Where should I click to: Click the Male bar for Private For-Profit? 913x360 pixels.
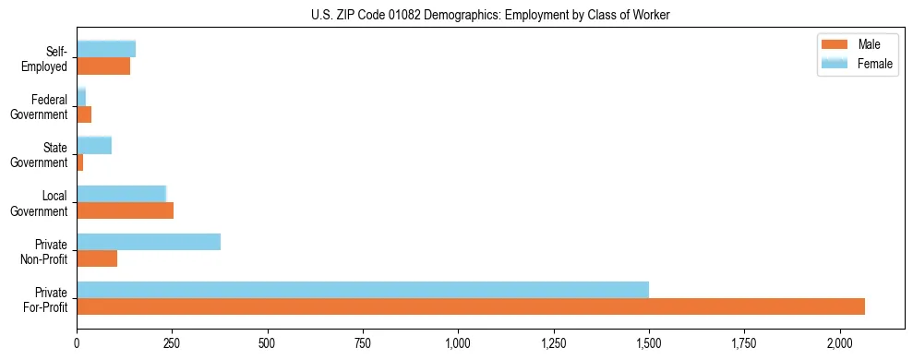(471, 306)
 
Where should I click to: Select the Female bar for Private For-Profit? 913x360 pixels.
(363, 290)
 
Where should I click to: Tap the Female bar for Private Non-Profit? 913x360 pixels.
(149, 242)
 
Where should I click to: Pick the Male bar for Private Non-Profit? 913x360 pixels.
(97, 258)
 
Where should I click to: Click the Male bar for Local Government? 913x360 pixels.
(125, 210)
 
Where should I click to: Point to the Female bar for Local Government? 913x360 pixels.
(121, 194)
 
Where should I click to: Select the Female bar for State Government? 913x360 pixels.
(94, 145)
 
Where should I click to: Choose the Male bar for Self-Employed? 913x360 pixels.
(103, 66)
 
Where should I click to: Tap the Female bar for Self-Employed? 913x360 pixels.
(106, 49)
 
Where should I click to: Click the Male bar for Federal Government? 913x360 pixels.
(84, 114)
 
